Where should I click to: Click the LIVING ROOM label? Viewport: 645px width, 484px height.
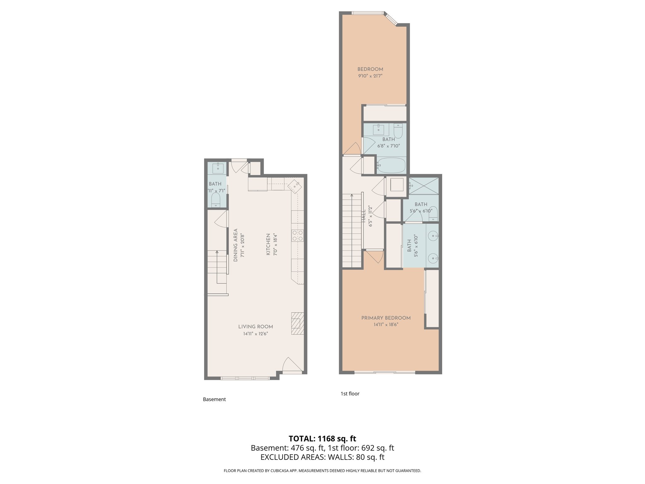[x=255, y=327]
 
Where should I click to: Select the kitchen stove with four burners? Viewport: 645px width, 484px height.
[x=298, y=236]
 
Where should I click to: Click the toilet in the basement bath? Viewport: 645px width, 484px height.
[x=215, y=200]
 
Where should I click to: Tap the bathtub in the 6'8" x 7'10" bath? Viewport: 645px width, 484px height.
[x=391, y=165]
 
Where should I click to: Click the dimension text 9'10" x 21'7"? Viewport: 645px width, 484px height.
[x=370, y=76]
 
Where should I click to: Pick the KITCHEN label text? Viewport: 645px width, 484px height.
[x=268, y=244]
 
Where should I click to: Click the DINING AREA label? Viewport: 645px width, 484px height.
[x=236, y=245]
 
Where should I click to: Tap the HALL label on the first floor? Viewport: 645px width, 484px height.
[x=364, y=216]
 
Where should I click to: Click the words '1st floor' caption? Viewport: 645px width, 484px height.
[x=350, y=394]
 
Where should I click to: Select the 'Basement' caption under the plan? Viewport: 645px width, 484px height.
[x=214, y=399]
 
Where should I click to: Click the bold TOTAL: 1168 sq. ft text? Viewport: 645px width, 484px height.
[x=322, y=438]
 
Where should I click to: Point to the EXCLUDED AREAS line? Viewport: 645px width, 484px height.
[x=322, y=457]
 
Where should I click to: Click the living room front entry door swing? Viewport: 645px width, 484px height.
[x=291, y=366]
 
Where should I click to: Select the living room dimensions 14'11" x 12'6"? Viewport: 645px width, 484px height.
[x=255, y=334]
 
